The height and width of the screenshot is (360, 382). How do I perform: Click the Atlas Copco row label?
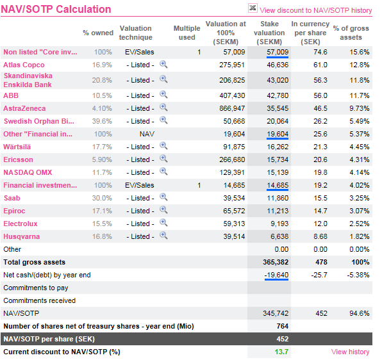[x=24, y=65]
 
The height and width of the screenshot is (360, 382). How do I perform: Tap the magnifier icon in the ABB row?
[x=163, y=95]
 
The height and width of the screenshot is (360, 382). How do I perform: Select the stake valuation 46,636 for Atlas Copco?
[x=278, y=65]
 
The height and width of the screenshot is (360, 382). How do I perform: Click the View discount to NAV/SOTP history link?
[x=316, y=10]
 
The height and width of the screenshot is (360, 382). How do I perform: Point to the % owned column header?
[x=98, y=33]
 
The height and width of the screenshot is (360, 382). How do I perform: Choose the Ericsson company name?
[x=19, y=160]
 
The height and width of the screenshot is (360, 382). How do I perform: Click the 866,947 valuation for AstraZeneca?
[x=232, y=108]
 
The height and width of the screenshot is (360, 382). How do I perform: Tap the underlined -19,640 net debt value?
[x=276, y=275]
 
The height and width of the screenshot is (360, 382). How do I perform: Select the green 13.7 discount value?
[x=281, y=352]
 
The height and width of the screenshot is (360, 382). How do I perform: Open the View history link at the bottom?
[x=350, y=352]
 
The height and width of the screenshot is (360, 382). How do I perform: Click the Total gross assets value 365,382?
[x=276, y=262]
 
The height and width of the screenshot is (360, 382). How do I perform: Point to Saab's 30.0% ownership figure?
[x=102, y=198]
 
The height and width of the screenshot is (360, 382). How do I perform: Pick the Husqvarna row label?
[x=21, y=236]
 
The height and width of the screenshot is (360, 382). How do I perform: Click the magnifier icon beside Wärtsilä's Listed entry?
[x=163, y=146]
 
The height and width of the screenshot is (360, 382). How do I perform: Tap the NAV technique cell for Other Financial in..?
[x=147, y=134]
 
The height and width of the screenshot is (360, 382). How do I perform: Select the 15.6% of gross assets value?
[x=360, y=52]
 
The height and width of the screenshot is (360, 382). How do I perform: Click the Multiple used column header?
[x=187, y=33]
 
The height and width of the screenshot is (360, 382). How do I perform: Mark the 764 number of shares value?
[x=283, y=326]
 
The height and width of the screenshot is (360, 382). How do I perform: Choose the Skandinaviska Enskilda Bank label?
[x=28, y=80]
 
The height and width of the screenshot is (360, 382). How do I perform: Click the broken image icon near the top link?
[x=253, y=8]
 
